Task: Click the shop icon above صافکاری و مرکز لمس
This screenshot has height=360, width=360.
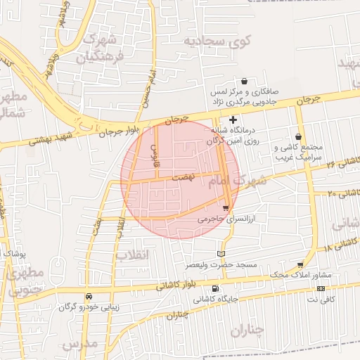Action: click(244, 81)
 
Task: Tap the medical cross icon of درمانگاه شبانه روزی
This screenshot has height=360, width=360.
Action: click(233, 120)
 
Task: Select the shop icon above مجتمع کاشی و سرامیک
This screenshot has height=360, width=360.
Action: click(299, 136)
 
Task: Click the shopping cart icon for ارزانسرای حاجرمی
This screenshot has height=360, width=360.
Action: click(225, 207)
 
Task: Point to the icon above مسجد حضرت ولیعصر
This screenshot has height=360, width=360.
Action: click(222, 253)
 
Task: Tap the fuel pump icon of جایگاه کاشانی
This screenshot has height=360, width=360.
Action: click(214, 288)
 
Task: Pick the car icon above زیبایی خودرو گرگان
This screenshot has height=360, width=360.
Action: click(89, 296)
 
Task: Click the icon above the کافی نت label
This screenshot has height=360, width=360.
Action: click(321, 288)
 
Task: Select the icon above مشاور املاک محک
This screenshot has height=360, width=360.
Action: click(300, 264)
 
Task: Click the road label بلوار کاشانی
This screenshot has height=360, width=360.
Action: click(172, 285)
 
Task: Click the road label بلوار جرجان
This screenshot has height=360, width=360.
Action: click(120, 129)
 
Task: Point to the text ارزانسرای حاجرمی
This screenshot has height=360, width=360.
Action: click(219, 219)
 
